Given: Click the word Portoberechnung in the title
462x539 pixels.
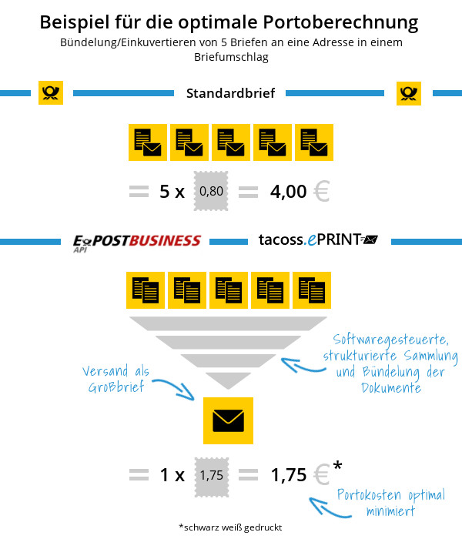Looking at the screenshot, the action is [340, 22].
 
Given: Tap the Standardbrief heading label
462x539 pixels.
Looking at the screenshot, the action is [231, 93].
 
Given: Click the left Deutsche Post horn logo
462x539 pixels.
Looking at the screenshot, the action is [51, 93].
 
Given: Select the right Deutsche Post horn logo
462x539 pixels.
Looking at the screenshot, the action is [409, 93].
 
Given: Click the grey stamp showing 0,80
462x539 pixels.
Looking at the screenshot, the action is [211, 191].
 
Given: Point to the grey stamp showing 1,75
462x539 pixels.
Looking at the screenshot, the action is [212, 477].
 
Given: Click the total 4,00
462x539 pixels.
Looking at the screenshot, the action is [289, 192].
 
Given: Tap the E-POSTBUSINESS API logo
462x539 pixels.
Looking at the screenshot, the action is [137, 243].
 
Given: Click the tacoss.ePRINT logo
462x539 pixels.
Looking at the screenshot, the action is [318, 239].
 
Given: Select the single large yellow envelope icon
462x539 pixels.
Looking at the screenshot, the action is [228, 420].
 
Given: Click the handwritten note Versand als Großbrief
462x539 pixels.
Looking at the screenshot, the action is [115, 379].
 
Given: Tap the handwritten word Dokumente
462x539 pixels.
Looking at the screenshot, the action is [391, 388].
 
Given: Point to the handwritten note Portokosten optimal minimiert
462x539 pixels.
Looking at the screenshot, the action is [391, 503].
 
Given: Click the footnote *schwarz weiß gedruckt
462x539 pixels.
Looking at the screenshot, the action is [230, 527].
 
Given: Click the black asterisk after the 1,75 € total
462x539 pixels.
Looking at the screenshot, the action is [337, 465].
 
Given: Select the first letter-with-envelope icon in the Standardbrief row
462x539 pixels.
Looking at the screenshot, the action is [148, 142].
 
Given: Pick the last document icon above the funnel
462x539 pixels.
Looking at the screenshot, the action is [312, 290].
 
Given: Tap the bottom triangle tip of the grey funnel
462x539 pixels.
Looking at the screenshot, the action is [228, 388].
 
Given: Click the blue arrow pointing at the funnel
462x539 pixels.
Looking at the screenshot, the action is [303, 366].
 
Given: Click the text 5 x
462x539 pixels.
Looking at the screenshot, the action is [172, 192].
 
